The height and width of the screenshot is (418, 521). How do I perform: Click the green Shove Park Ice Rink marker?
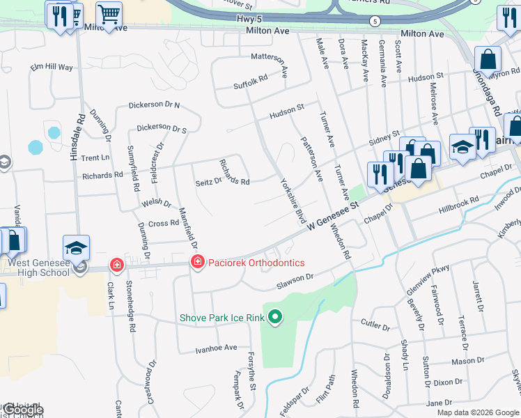point(275,318)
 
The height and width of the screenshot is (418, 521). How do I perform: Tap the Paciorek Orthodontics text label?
point(257,263)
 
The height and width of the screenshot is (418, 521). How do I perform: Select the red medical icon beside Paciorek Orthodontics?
point(198,262)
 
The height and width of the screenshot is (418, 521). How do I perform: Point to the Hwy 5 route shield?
point(375,21)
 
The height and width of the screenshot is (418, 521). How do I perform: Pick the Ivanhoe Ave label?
point(216,348)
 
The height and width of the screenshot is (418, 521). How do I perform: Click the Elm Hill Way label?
point(52,68)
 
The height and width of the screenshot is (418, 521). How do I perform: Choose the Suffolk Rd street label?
point(251,84)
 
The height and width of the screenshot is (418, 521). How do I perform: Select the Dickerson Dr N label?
point(154,106)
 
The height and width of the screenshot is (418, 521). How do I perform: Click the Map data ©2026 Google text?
point(478,412)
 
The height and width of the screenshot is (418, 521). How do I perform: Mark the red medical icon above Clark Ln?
point(117,265)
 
